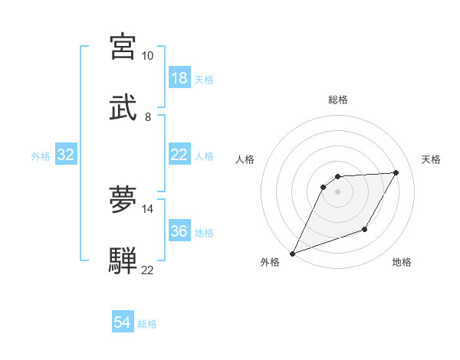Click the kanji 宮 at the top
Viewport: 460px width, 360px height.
pyautogui.click(x=123, y=47)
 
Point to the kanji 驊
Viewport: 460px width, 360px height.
pyautogui.click(x=123, y=260)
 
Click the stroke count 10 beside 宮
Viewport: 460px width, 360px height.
pyautogui.click(x=147, y=56)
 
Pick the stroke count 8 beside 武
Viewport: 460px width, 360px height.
pyautogui.click(x=148, y=116)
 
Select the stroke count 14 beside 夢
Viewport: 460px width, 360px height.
pyautogui.click(x=147, y=208)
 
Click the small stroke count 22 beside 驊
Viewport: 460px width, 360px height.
pyautogui.click(x=147, y=270)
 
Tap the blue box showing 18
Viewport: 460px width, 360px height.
pyautogui.click(x=179, y=78)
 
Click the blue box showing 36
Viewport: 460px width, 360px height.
pyautogui.click(x=179, y=231)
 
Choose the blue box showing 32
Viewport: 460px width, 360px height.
pyautogui.click(x=66, y=155)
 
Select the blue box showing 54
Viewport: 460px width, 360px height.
pyautogui.click(x=123, y=323)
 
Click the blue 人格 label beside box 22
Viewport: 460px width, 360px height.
pyautogui.click(x=204, y=156)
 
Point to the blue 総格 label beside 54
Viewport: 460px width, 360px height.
pyautogui.click(x=147, y=324)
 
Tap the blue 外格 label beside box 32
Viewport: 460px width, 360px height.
pyautogui.click(x=41, y=156)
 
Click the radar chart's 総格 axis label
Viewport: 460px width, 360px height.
pyautogui.click(x=338, y=100)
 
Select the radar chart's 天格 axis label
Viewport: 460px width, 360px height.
pyautogui.click(x=431, y=159)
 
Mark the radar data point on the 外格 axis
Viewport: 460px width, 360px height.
pyautogui.click(x=292, y=254)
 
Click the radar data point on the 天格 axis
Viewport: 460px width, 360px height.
pyautogui.click(x=396, y=173)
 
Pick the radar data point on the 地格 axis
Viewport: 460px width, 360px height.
pyautogui.click(x=366, y=230)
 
